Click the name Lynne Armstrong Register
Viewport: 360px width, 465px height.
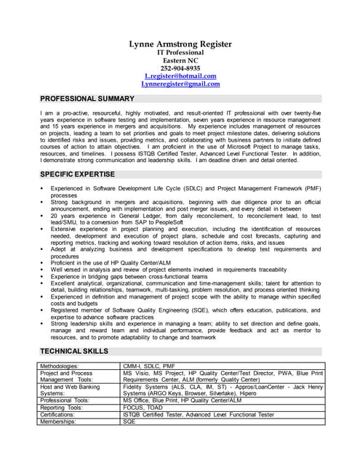(x=180, y=44)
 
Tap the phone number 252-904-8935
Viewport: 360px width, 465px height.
(x=180, y=68)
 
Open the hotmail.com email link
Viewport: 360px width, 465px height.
(x=180, y=76)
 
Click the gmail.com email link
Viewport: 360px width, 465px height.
(x=180, y=84)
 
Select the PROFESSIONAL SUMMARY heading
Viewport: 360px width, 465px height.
(x=87, y=98)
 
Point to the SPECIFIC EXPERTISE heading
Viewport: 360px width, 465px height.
(x=77, y=174)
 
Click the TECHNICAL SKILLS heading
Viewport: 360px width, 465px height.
(x=74, y=351)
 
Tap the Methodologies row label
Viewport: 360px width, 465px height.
(x=60, y=366)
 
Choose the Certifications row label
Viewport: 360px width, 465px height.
(x=61, y=414)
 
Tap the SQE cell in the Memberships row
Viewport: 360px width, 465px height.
(x=129, y=421)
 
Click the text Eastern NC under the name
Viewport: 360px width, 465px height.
(x=180, y=60)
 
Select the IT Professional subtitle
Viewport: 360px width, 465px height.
(x=180, y=52)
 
